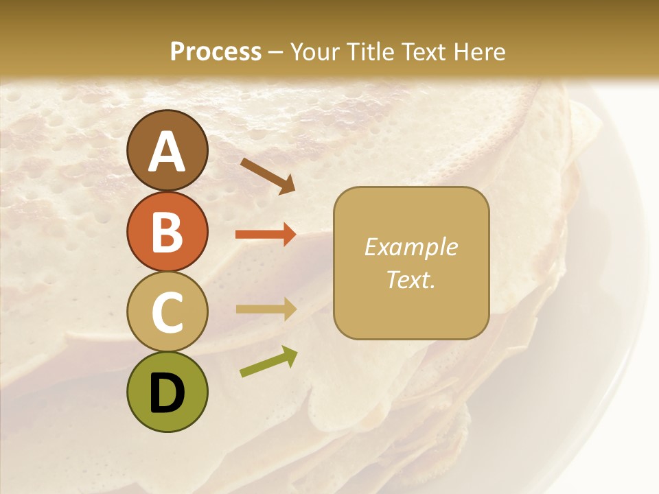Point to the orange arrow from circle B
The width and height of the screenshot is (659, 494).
click(266, 235)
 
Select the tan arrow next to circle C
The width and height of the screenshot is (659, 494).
click(266, 309)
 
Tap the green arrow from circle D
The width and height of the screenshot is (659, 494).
click(268, 362)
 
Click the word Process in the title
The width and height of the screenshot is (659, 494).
click(216, 51)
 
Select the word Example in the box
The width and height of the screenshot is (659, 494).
click(411, 247)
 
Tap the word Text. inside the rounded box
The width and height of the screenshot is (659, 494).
click(411, 279)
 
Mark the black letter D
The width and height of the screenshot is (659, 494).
click(167, 393)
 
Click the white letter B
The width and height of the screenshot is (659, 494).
click(167, 232)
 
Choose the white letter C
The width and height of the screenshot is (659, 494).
click(167, 312)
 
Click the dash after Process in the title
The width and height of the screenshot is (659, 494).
click(276, 53)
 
